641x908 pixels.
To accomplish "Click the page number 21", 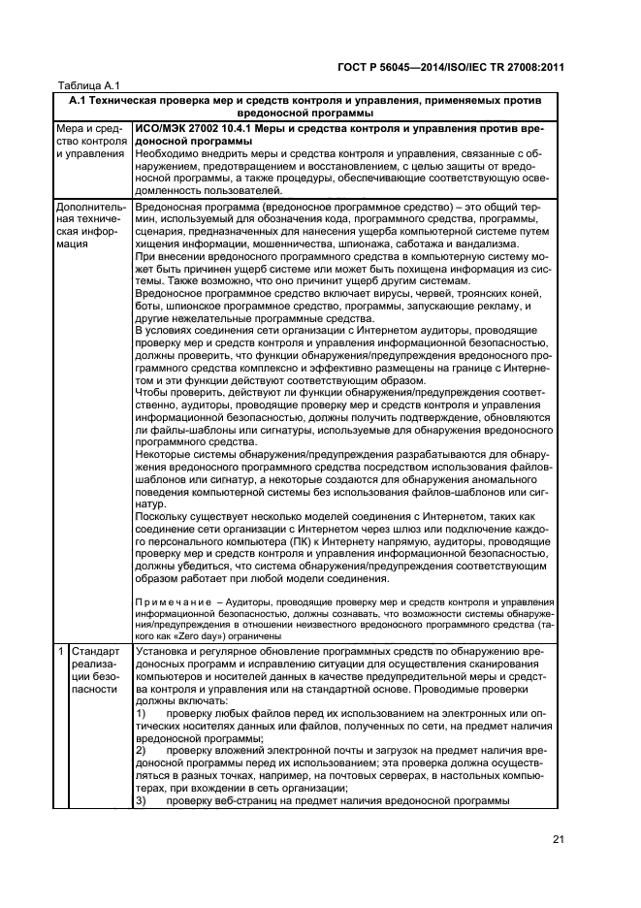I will pos(558,841).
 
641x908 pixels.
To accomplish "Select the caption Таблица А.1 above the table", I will pos(87,86).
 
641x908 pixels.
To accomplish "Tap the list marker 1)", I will pos(141,713).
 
